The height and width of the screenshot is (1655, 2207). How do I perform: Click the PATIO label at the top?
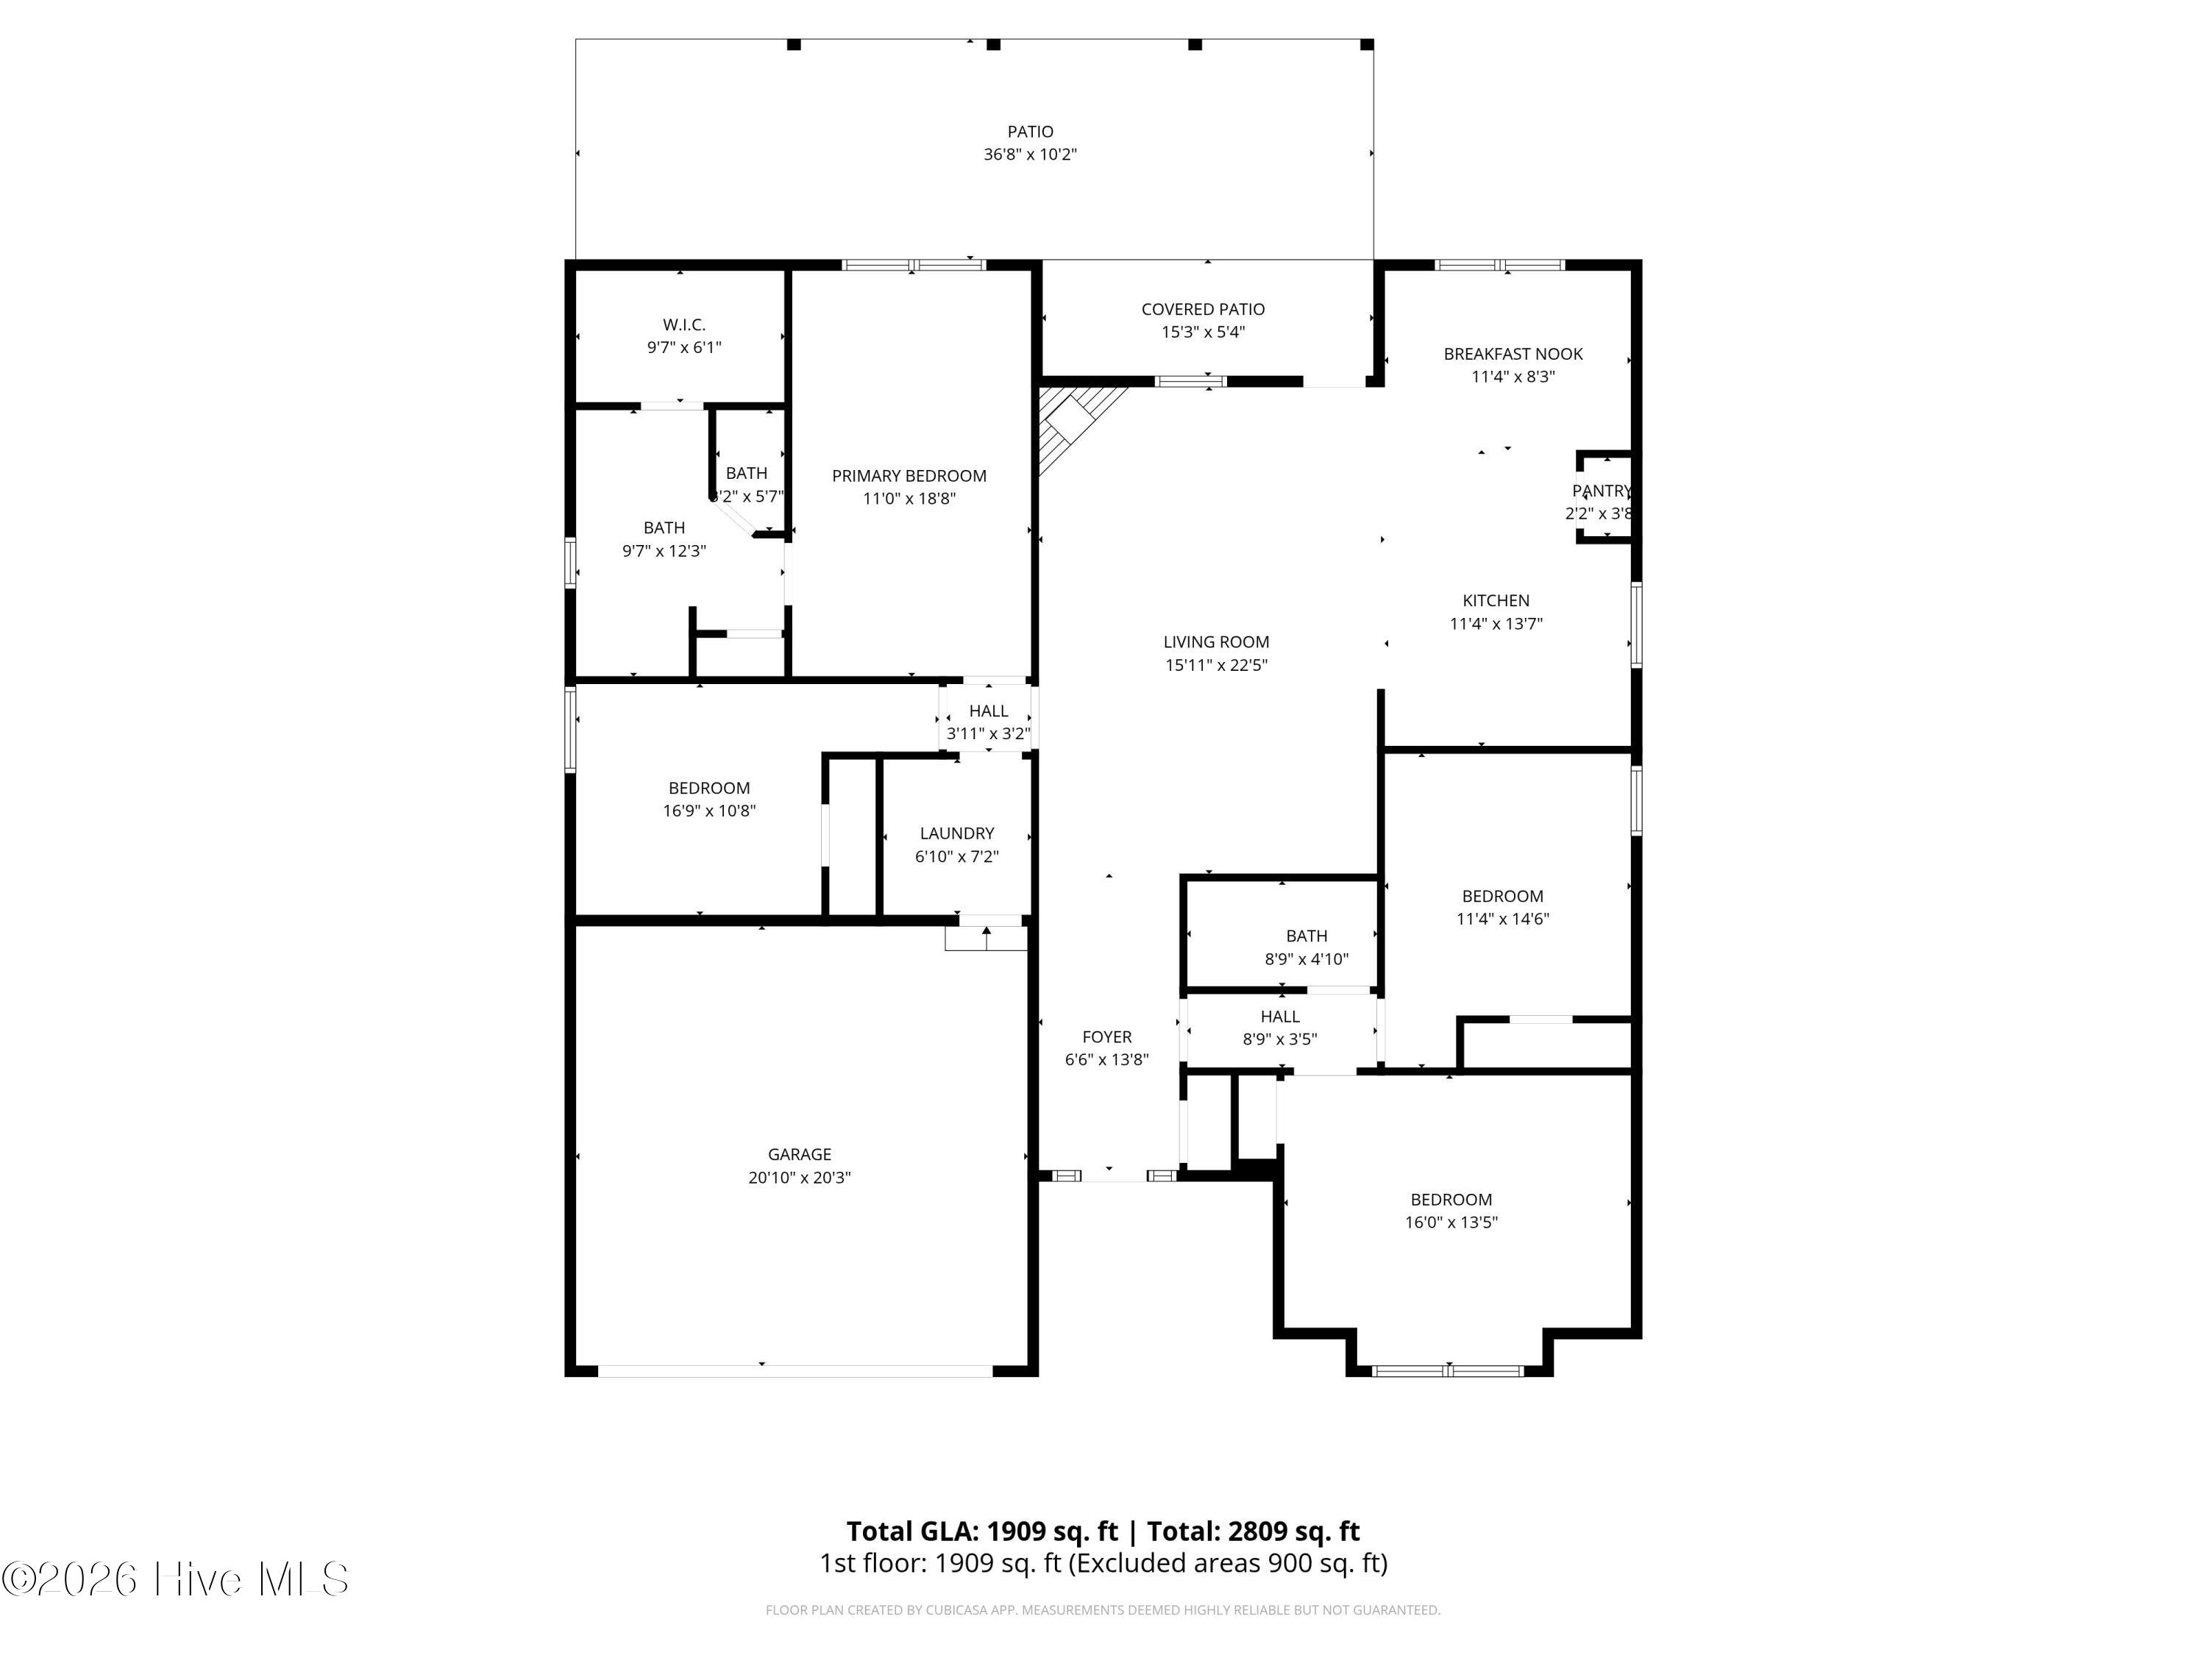1030,132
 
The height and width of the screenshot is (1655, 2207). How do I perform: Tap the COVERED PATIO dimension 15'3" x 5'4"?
1204,332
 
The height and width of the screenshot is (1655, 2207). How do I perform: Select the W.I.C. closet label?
683,324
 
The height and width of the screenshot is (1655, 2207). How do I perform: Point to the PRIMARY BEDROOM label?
909,476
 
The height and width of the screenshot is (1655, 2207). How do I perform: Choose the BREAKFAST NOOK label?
1513,354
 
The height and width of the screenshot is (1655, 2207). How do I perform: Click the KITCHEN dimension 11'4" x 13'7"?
1496,624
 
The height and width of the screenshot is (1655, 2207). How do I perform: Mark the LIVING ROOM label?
1216,642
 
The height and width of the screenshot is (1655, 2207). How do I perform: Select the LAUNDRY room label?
957,833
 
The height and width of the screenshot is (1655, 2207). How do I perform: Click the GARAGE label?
799,1154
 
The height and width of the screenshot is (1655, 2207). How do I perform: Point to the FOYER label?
1106,1037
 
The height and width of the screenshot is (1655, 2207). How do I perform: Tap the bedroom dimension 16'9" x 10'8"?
709,811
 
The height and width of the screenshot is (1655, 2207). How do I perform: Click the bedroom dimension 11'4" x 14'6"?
1502,919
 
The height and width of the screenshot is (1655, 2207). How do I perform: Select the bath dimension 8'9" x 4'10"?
1306,960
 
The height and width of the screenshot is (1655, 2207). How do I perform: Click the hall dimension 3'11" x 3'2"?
988,734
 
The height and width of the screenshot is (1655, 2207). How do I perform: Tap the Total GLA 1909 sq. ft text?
983,1531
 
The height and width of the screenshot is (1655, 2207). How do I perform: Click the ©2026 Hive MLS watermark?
176,1579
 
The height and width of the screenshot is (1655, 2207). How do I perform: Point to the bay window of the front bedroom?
1449,1370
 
